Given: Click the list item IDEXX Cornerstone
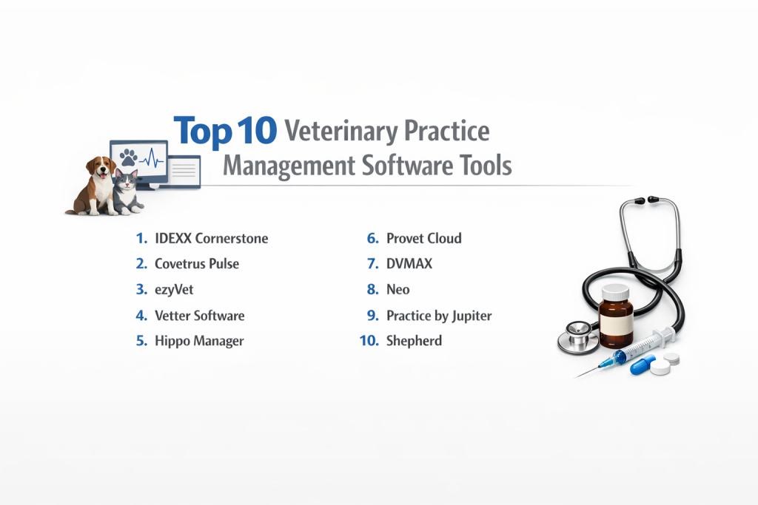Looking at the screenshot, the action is pos(211,239).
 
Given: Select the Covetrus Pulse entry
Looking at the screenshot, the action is pos(197,264).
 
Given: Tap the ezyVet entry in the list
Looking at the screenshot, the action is pos(174,290).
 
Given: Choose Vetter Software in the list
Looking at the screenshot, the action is pos(200,316).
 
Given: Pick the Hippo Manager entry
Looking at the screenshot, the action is pos(199,342).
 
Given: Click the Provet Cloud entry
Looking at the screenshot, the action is pos(424,239).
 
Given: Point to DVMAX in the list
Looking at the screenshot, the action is pos(409,264).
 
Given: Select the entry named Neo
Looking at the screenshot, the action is pos(398,290).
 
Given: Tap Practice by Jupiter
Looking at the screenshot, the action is pos(439,316).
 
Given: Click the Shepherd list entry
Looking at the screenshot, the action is pos(414,341).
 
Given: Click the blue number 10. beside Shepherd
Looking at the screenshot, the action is pos(369,341).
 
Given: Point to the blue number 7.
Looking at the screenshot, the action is pos(373,264).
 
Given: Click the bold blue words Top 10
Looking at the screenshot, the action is pos(225,132).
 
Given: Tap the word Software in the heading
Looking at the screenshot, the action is pos(407,166).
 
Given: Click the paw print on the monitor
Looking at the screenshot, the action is pos(128,157).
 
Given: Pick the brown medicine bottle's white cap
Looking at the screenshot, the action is pos(615,292).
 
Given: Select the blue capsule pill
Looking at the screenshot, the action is pos(643,365).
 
